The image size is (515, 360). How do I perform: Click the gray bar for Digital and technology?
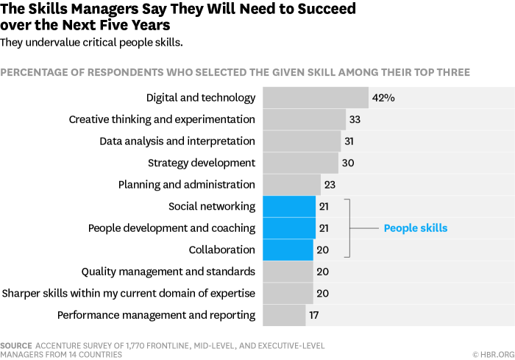(x=315, y=98)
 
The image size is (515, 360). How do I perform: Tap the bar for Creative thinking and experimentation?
(x=304, y=119)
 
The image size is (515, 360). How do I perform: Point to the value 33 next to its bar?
(x=355, y=119)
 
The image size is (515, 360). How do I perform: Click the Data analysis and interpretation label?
(x=177, y=141)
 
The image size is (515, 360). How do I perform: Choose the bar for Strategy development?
(x=300, y=163)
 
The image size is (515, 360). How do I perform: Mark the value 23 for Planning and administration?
(x=330, y=185)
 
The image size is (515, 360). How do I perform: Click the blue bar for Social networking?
(x=288, y=206)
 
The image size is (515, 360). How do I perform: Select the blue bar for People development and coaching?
(x=288, y=228)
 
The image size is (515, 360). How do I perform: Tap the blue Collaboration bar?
(x=288, y=250)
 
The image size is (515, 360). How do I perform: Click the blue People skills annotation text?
(x=415, y=228)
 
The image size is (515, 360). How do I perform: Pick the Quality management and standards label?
(x=168, y=272)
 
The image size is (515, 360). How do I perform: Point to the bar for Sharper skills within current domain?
(x=288, y=293)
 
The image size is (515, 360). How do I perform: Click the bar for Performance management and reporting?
(x=284, y=315)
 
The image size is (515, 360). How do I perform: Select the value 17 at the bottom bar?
(x=314, y=315)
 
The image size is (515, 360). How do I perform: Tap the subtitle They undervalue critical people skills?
(x=91, y=43)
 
